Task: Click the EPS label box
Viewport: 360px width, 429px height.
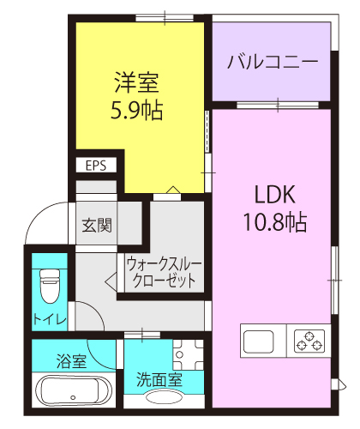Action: (96, 166)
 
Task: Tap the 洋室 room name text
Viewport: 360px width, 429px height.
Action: (136, 82)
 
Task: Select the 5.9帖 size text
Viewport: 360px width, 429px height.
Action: (136, 110)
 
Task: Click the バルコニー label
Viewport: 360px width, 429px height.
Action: (273, 62)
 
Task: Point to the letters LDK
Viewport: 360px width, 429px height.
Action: (274, 195)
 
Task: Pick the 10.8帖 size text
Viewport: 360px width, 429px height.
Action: (275, 221)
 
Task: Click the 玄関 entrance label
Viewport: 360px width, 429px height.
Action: (97, 225)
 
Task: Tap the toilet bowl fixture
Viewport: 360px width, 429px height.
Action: (50, 286)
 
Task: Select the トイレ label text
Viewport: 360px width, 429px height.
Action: (50, 318)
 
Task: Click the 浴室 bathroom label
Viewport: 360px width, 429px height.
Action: (71, 361)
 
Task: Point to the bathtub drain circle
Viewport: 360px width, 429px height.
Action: (73, 397)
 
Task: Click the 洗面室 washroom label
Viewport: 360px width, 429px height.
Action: (159, 380)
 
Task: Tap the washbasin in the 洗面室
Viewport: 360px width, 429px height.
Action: (164, 396)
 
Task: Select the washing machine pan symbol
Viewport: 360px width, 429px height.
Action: (188, 354)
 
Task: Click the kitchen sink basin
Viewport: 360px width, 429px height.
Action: (258, 341)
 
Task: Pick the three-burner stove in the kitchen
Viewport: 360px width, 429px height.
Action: (309, 341)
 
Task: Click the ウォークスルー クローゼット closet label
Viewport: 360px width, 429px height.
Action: (165, 272)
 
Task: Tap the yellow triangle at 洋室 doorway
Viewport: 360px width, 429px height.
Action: (173, 190)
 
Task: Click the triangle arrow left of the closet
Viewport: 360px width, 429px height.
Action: (111, 282)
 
